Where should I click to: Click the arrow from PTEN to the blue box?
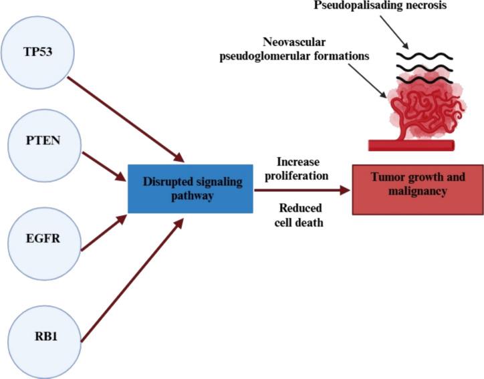tap(104, 166)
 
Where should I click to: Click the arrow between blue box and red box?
tap(301, 190)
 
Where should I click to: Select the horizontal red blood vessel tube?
tap(412, 145)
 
